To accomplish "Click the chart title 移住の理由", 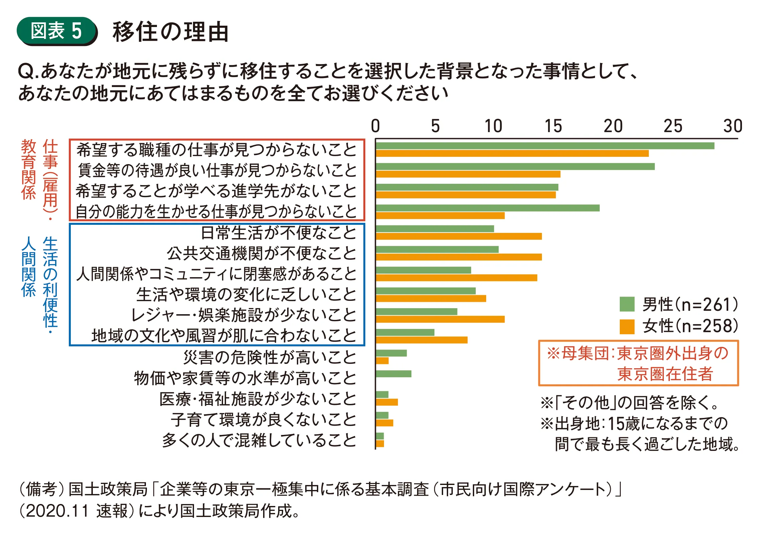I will click(x=170, y=32).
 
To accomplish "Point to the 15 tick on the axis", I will click(x=553, y=126).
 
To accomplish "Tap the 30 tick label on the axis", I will click(x=733, y=126).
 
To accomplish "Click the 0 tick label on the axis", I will click(x=375, y=126).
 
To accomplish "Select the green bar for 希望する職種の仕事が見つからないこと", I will click(x=545, y=146).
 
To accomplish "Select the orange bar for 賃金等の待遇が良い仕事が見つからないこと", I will click(x=468, y=174).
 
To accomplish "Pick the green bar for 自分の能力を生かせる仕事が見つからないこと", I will click(x=488, y=208).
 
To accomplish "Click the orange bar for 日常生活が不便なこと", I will click(x=458, y=236).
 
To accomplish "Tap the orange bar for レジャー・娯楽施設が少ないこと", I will click(x=440, y=319).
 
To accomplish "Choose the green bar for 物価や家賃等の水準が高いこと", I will click(x=393, y=374).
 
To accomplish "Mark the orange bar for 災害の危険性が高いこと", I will click(x=382, y=361).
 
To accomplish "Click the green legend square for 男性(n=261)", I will click(x=627, y=304).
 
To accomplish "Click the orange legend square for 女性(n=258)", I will click(x=627, y=327).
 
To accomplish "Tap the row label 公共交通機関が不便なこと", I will click(x=261, y=253).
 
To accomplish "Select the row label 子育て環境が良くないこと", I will click(x=263, y=419).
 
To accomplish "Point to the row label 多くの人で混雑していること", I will click(x=259, y=440).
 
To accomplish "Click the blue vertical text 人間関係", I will click(x=29, y=266).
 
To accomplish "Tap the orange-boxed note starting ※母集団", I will click(x=638, y=363).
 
